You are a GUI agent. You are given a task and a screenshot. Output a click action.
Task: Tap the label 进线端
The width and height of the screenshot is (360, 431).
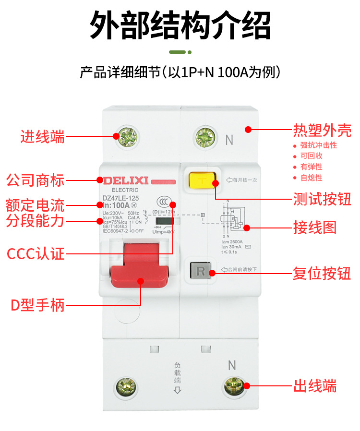click(x=42, y=137)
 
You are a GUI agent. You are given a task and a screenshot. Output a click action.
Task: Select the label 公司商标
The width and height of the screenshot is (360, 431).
click(x=35, y=181)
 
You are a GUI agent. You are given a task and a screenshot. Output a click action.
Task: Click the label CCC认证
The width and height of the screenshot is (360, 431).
click(x=35, y=253)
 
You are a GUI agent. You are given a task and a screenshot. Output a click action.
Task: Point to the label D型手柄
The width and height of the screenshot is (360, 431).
click(x=37, y=305)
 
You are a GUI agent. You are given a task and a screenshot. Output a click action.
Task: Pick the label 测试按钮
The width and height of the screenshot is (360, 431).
click(x=322, y=199)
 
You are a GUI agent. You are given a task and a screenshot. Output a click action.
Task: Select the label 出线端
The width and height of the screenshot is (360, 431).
click(x=314, y=386)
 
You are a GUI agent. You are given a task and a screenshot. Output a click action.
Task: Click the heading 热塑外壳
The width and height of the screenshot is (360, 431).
click(x=322, y=130)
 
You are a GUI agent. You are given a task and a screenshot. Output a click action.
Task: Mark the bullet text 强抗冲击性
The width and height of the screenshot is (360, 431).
click(x=318, y=145)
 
